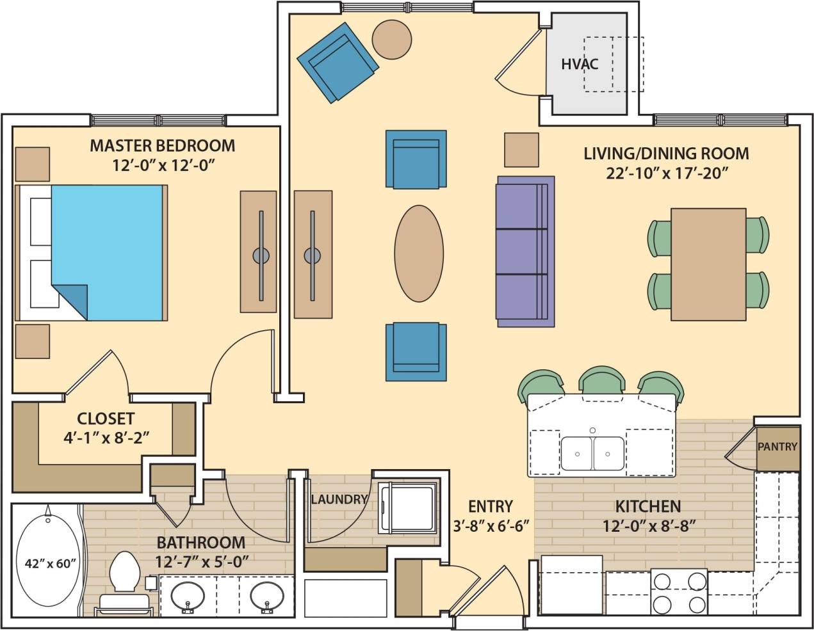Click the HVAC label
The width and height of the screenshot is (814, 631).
click(x=580, y=64)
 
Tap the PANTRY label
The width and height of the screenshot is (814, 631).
click(x=777, y=447)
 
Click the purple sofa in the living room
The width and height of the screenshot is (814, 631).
click(x=525, y=252)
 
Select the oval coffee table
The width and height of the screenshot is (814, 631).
click(x=419, y=253)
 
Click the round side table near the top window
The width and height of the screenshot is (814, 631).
click(x=392, y=38)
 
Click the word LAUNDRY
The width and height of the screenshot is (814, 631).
click(x=339, y=499)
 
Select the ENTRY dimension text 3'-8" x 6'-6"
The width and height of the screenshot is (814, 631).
click(x=491, y=526)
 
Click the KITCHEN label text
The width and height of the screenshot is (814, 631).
click(x=647, y=507)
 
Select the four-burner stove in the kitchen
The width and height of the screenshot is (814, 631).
click(x=680, y=592)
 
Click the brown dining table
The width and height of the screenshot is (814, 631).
click(x=708, y=264)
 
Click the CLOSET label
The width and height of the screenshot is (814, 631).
click(x=106, y=419)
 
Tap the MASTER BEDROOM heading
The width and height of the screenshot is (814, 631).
click(x=162, y=145)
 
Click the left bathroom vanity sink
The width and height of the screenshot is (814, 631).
click(x=188, y=596)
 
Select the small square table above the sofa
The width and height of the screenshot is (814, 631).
click(x=521, y=150)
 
